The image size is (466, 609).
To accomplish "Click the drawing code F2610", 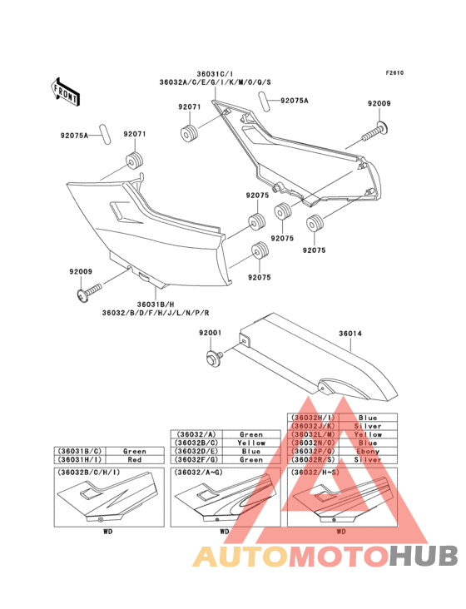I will click(394, 72).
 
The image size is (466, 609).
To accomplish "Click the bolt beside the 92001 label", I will click(211, 359).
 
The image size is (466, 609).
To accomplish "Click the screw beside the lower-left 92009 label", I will click(88, 292).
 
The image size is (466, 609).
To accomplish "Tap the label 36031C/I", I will click(220, 73).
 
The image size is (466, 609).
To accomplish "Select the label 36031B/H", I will click(149, 304).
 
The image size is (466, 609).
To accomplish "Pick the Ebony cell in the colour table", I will click(367, 451).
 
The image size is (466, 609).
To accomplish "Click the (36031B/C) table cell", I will click(80, 451).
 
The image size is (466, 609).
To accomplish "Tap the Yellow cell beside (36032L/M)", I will click(367, 434).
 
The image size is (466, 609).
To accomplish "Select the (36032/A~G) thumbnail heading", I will click(201, 473).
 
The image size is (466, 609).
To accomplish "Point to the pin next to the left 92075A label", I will click(104, 134).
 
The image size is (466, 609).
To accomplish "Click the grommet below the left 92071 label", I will click(132, 160).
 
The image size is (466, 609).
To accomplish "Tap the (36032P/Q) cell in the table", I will click(313, 451).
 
